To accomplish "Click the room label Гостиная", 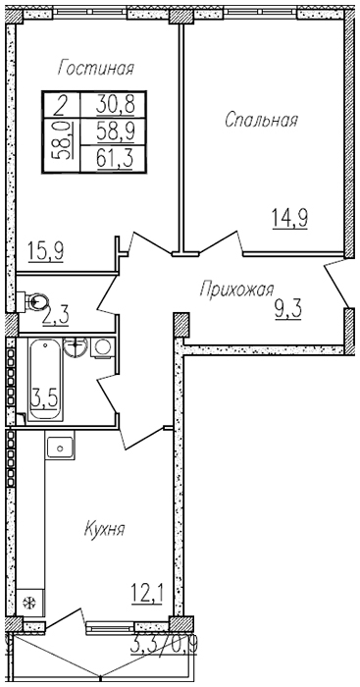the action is pos(95,69).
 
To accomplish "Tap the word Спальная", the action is pos(262,119).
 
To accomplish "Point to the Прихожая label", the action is pos(237,290).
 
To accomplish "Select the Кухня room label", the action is pos(105,529).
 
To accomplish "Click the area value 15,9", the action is pos(45,251).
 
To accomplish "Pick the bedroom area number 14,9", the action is pos(289,218).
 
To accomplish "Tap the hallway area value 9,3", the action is pos(288,310).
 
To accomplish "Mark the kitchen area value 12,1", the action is pos(147,595).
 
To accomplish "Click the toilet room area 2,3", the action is pos(56,316).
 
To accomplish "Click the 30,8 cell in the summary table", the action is pos(115,105).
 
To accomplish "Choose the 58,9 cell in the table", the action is pos(115,131).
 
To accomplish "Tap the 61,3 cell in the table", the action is pos(115,158).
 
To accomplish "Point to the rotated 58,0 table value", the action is pos(62,140).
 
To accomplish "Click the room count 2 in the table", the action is pos(62,105).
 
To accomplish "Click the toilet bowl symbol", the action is pos(36,301).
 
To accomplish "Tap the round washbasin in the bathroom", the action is pos(76,347).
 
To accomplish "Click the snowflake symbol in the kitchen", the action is pos(29,603).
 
